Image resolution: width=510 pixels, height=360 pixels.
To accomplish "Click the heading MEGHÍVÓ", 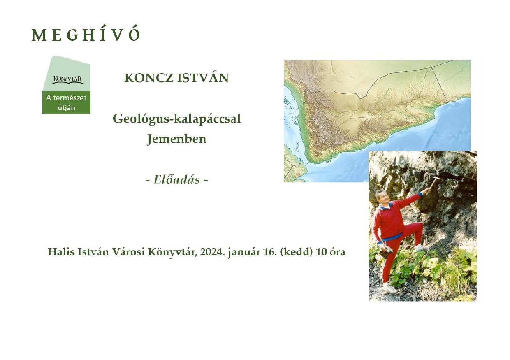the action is point(86,35).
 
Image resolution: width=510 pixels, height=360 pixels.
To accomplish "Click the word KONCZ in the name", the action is point(149,78).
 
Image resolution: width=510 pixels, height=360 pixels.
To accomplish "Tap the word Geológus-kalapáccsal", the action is point(177,119).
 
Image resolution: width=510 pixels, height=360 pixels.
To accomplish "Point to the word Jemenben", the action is point(177,139).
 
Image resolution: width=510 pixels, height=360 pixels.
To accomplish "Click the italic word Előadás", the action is point(177,180).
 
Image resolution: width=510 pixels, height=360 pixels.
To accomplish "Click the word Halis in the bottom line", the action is point(61,252).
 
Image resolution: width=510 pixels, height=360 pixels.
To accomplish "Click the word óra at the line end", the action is point(337,252).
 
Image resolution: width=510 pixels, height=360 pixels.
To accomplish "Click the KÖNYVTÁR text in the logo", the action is point(67,79).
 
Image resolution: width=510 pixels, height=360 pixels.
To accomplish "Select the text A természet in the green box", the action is point(67,98).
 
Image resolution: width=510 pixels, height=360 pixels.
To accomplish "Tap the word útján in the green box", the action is point(67,107).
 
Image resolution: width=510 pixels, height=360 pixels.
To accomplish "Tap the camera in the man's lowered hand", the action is point(386,251).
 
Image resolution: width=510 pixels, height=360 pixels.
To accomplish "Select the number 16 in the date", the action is point(270,252).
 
